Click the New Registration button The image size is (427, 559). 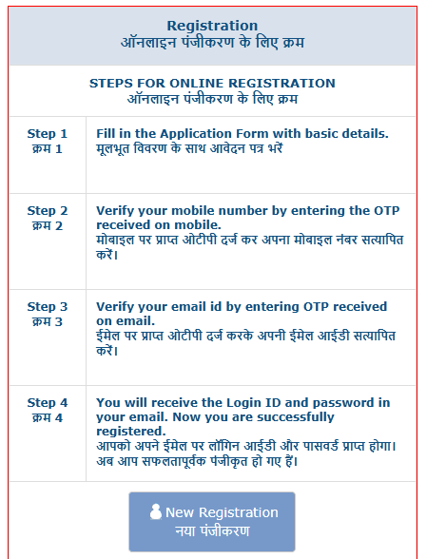(x=212, y=521)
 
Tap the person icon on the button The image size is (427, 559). (x=156, y=511)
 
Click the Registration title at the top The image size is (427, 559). (x=212, y=26)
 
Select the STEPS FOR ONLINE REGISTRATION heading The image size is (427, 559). (x=212, y=84)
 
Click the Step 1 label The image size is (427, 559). (x=48, y=134)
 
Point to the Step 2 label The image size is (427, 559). (x=48, y=211)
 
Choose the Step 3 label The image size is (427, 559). (x=48, y=307)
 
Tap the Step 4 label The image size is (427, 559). (x=48, y=403)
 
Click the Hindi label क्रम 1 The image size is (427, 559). (x=48, y=149)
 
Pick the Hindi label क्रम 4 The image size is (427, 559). (x=48, y=418)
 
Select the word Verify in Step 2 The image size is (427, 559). (x=116, y=211)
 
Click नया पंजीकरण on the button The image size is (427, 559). (x=212, y=530)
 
